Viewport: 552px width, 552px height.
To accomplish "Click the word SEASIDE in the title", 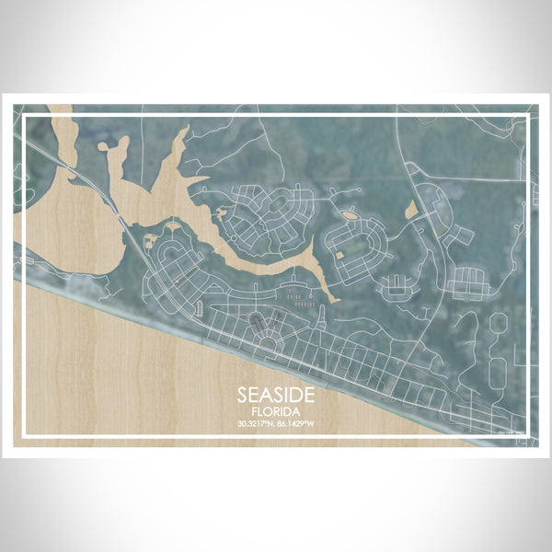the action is pyautogui.click(x=276, y=393).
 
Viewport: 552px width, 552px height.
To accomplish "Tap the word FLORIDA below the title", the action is pyautogui.click(x=276, y=411).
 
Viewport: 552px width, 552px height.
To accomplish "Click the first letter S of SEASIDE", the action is pyautogui.click(x=242, y=393).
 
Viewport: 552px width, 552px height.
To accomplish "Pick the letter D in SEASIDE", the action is pyautogui.click(x=299, y=393).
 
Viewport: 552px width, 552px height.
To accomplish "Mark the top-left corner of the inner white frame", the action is pyautogui.click(x=22, y=115).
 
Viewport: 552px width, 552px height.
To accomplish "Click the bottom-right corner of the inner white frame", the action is pyautogui.click(x=530, y=435).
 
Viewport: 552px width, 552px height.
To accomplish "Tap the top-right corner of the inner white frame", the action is pyautogui.click(x=530, y=115).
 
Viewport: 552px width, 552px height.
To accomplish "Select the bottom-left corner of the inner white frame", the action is pyautogui.click(x=22, y=435).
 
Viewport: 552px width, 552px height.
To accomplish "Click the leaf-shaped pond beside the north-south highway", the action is pyautogui.click(x=410, y=211).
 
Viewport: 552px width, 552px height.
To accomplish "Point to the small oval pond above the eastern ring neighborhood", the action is pyautogui.click(x=350, y=215).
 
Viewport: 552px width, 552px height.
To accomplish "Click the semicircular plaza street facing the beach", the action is pyautogui.click(x=267, y=341).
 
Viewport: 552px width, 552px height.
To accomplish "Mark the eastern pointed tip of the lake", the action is pyautogui.click(x=333, y=300).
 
